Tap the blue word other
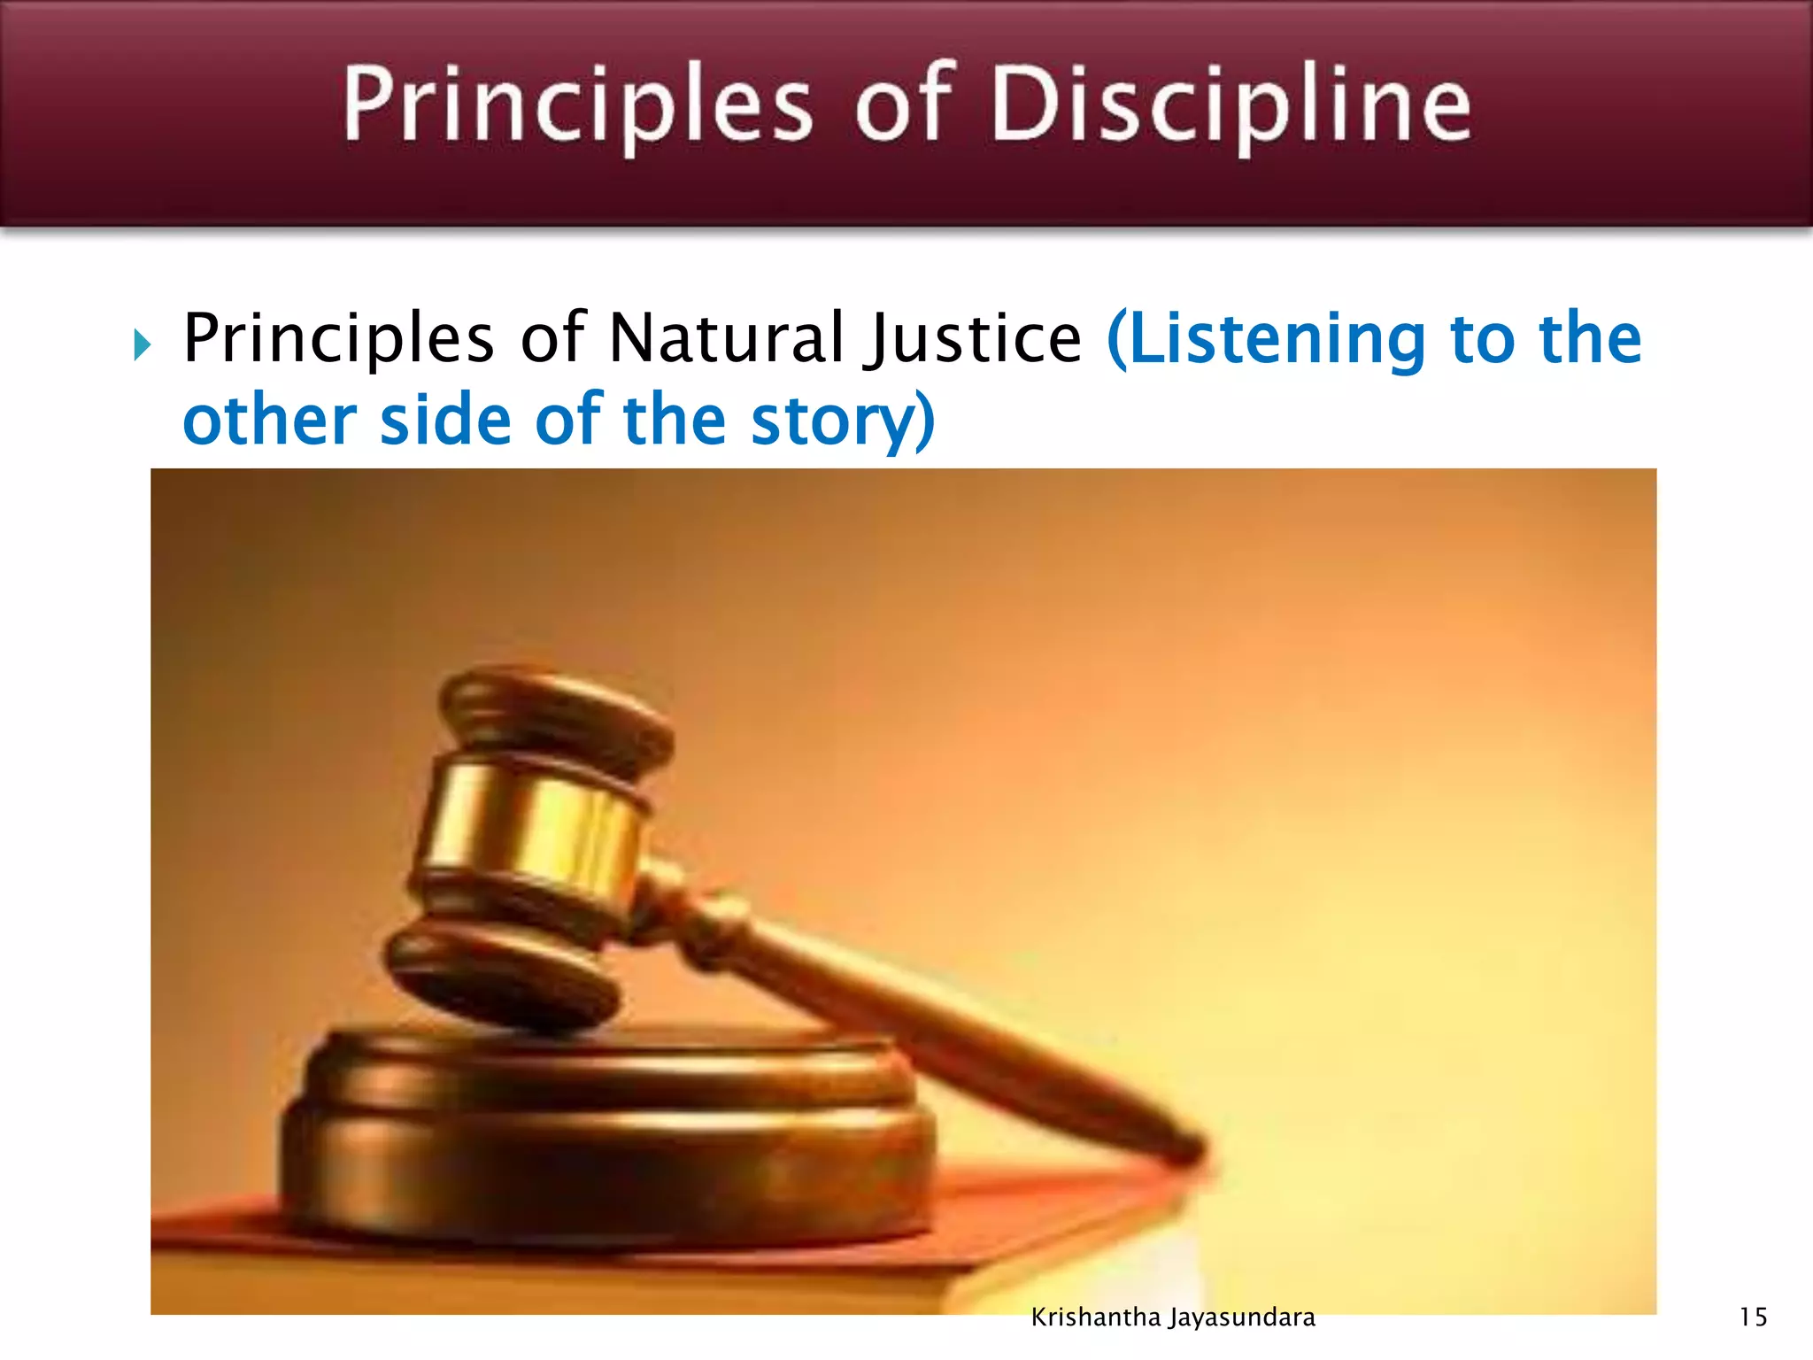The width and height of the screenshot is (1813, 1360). coord(269,420)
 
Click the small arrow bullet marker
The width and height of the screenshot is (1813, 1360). coord(143,344)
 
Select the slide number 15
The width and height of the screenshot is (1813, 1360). coord(1753,1317)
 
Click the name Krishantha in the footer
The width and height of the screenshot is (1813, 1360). coord(1095,1317)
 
